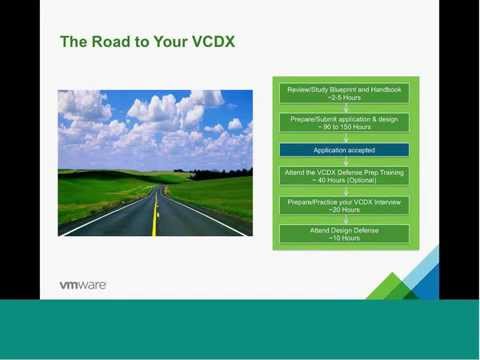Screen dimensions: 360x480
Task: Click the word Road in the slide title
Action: click(110, 42)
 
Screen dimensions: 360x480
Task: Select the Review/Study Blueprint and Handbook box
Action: click(344, 94)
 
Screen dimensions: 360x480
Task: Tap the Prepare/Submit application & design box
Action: click(344, 123)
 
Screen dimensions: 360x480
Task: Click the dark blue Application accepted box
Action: click(344, 150)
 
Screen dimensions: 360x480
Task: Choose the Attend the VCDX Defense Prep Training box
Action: click(344, 177)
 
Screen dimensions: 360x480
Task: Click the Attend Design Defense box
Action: click(344, 233)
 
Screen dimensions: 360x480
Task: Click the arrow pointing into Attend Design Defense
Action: click(344, 220)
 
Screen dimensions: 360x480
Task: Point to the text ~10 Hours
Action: click(344, 238)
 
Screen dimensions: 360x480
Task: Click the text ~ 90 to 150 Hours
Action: click(344, 128)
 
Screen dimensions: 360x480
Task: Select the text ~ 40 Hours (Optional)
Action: click(344, 182)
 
